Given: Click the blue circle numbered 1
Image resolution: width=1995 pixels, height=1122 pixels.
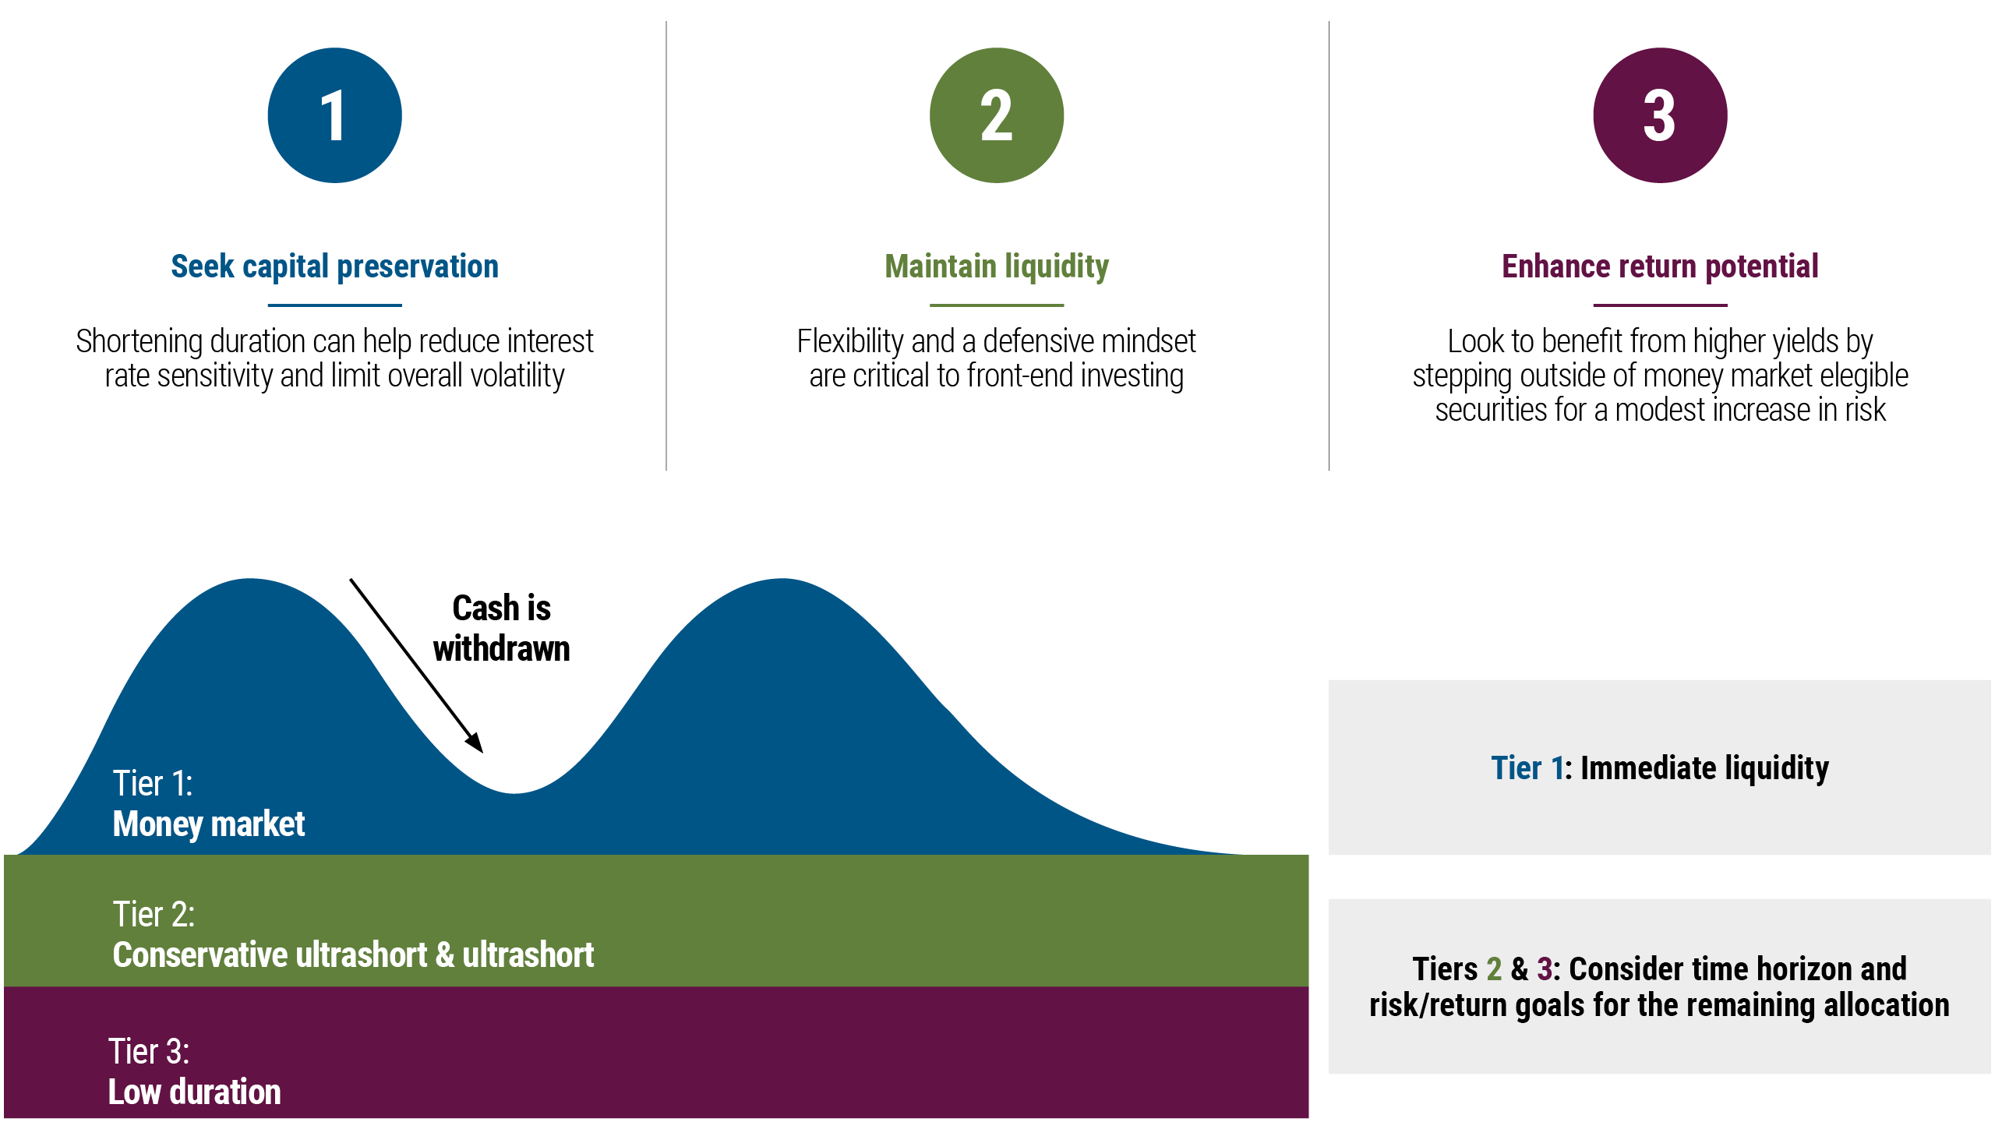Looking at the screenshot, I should tap(334, 115).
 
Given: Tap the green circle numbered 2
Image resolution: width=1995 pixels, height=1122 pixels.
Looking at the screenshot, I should tap(996, 115).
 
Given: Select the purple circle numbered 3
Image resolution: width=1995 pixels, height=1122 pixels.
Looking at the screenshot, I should tap(1660, 115).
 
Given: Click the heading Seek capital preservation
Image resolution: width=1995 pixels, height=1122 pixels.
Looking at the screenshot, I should tap(334, 266).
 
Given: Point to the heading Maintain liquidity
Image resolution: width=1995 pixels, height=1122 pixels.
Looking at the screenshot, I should tap(996, 266).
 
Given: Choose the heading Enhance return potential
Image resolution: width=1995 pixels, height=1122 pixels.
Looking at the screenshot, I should tap(1660, 266).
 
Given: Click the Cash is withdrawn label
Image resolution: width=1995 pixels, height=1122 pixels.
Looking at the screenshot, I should tap(502, 628).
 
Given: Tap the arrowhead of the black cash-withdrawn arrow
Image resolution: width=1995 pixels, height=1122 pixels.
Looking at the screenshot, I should tap(475, 743).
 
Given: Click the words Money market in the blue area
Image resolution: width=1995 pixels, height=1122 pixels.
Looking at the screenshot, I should tap(209, 824).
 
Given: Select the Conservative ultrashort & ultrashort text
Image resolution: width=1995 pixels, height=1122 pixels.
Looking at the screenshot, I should tap(353, 955).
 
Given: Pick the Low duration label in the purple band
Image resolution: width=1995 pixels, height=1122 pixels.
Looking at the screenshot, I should tap(194, 1092).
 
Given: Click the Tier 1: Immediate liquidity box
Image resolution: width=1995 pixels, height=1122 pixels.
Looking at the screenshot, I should tap(1659, 767).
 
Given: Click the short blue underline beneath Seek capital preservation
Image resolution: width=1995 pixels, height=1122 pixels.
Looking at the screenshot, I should tap(334, 305).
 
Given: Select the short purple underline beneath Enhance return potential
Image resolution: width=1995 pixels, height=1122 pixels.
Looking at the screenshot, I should tap(1660, 305).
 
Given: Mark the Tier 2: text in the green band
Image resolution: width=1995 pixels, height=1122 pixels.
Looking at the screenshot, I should tap(154, 914).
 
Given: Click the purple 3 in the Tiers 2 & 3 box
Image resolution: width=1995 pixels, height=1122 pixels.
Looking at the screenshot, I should tap(1544, 969).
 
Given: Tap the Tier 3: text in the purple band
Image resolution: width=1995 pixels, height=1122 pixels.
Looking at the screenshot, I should tap(149, 1051).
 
